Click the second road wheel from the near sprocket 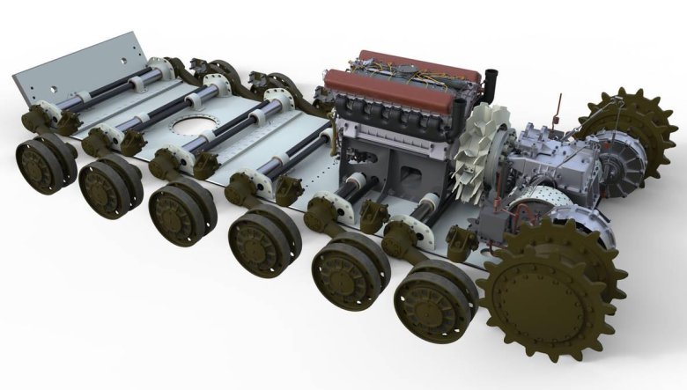tap(348, 268)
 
